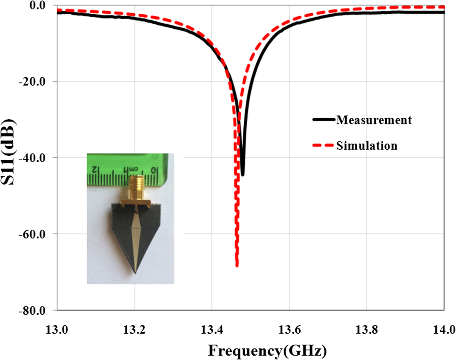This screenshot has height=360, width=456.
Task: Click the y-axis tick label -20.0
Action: [32, 81]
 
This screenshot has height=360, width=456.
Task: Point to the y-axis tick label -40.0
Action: [32, 158]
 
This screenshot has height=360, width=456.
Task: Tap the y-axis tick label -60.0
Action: [32, 234]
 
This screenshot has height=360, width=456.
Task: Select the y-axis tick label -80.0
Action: [32, 310]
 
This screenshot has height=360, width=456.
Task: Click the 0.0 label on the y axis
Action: [37, 5]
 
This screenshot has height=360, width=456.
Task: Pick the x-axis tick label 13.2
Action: [134, 330]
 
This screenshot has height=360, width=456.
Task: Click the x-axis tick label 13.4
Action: [212, 330]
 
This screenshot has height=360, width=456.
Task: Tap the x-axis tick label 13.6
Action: [289, 330]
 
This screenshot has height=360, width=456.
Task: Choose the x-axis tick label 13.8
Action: [366, 330]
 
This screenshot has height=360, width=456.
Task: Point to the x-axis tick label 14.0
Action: [444, 330]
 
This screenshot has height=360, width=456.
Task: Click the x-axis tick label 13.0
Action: [57, 330]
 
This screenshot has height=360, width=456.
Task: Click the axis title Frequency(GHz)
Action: [267, 351]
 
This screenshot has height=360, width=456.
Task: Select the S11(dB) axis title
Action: [8, 152]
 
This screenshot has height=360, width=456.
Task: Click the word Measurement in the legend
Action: [374, 120]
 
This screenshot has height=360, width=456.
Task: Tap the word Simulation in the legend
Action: [367, 145]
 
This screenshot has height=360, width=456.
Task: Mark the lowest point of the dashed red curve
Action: [237, 266]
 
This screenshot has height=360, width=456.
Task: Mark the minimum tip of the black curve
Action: [243, 175]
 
